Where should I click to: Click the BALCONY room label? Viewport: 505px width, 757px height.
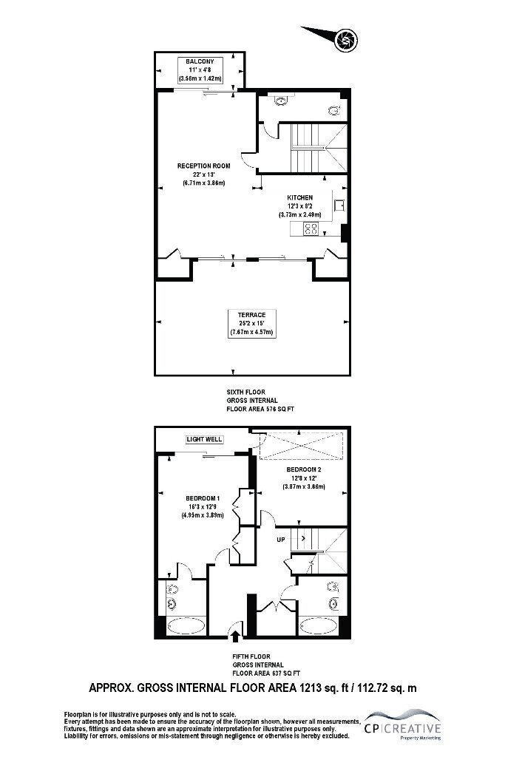click(200, 61)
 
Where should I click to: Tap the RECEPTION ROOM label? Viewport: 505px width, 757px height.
click(204, 166)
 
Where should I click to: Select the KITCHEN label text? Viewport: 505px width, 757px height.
click(299, 197)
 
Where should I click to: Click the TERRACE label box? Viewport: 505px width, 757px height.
click(251, 324)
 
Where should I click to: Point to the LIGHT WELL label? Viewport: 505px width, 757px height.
click(205, 439)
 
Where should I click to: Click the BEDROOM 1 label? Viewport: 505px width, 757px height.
click(203, 498)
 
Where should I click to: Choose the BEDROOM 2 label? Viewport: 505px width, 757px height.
click(304, 469)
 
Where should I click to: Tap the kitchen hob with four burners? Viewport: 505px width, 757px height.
click(311, 229)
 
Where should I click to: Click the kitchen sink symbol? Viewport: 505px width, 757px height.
click(339, 206)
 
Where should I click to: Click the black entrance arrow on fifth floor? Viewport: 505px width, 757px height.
click(235, 637)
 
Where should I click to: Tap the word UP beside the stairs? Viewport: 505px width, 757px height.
click(281, 539)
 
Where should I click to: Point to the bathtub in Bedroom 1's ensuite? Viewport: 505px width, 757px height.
click(186, 626)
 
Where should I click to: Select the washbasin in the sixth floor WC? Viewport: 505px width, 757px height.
click(280, 101)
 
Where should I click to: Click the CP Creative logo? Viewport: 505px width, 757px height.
click(403, 724)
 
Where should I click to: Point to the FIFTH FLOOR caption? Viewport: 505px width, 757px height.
click(251, 656)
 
